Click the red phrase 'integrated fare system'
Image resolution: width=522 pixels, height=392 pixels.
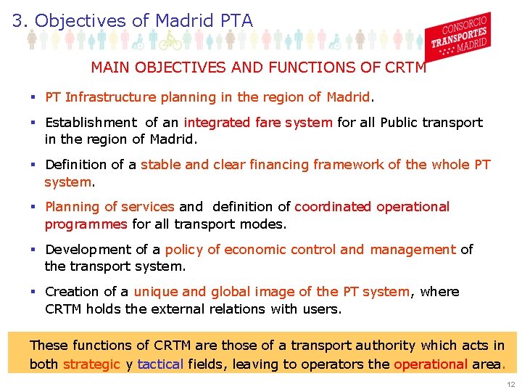258,123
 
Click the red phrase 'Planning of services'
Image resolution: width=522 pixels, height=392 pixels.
109,207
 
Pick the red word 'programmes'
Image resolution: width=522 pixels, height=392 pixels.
86,224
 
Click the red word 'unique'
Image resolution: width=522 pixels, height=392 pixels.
155,291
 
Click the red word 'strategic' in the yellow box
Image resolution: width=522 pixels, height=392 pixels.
91,364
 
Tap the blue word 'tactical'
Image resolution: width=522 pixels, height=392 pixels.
160,364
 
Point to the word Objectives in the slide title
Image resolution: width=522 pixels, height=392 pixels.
80,21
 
